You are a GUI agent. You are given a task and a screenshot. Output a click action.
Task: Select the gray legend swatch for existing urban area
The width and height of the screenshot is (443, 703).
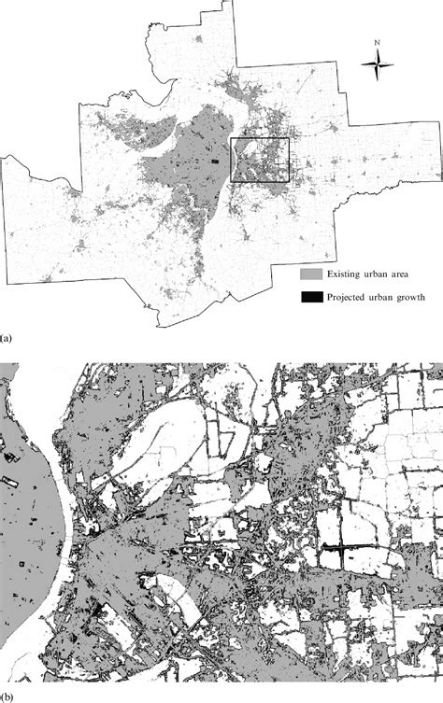tap(311, 275)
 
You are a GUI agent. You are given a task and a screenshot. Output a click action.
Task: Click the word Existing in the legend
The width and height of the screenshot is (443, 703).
tap(346, 275)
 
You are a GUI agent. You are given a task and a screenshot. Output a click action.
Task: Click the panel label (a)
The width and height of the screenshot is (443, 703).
tap(6, 330)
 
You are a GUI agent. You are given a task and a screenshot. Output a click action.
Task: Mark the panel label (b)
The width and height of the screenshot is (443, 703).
tap(6, 696)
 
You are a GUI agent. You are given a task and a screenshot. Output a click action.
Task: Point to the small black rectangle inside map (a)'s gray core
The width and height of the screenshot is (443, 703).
tap(214, 163)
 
